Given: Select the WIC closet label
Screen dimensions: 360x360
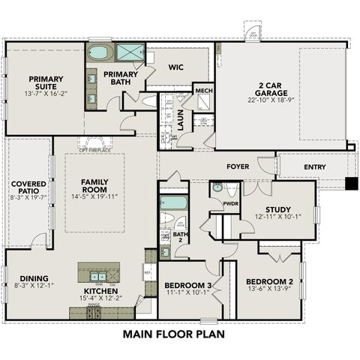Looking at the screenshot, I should [x=175, y=67].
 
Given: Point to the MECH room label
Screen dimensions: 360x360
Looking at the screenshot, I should [x=203, y=91].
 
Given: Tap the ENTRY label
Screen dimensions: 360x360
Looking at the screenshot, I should [x=314, y=166].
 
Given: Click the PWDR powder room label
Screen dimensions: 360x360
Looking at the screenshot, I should [x=231, y=202].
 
